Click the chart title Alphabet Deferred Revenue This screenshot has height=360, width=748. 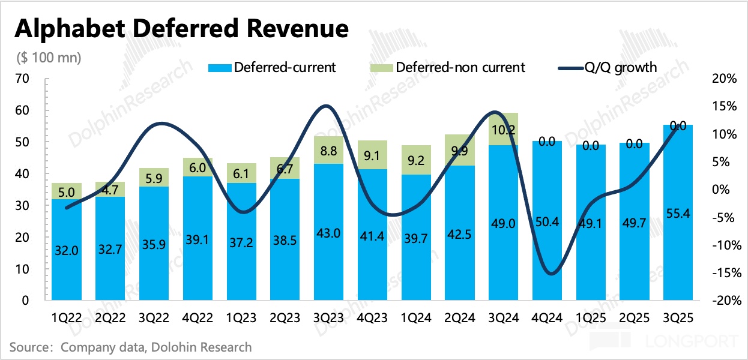(181, 28)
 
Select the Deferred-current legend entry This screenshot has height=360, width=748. (285, 67)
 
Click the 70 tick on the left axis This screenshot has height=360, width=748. (22, 79)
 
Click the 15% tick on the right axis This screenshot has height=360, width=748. (724, 106)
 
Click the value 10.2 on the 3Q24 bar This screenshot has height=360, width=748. (504, 129)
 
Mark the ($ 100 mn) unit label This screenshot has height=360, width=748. (48, 58)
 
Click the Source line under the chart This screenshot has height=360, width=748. (131, 347)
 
